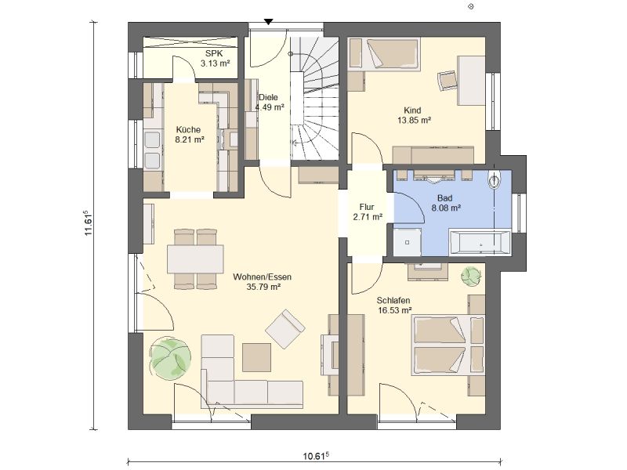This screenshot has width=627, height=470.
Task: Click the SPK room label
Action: pos(214,53)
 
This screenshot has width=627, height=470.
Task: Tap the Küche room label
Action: pos(188,129)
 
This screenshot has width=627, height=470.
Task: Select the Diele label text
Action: pos(268,97)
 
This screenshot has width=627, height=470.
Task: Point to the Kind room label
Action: pos(412,110)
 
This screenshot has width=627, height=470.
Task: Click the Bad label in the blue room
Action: pos(444,198)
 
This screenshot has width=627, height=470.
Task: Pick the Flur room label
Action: pos(367,207)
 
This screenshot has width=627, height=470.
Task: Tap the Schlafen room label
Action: pos(393,300)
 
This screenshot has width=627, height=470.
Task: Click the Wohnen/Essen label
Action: pos(263,277)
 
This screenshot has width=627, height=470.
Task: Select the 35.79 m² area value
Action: pos(263,287)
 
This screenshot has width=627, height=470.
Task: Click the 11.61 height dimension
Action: pos(89,223)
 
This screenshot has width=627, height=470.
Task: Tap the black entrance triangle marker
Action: pos(269,22)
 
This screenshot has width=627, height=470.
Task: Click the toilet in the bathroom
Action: pos(495,180)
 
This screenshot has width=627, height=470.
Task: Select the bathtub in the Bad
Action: pos(480,243)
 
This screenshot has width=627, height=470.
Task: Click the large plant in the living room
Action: pos(169,358)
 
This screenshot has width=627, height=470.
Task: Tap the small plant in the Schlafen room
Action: pos(471,277)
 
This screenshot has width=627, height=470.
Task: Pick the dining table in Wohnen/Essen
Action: pos(195,258)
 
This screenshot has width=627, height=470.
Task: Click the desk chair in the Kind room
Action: pos(448,81)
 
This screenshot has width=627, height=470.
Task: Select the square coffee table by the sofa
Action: pos(256,357)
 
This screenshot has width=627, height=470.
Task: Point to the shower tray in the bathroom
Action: pos(407,242)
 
